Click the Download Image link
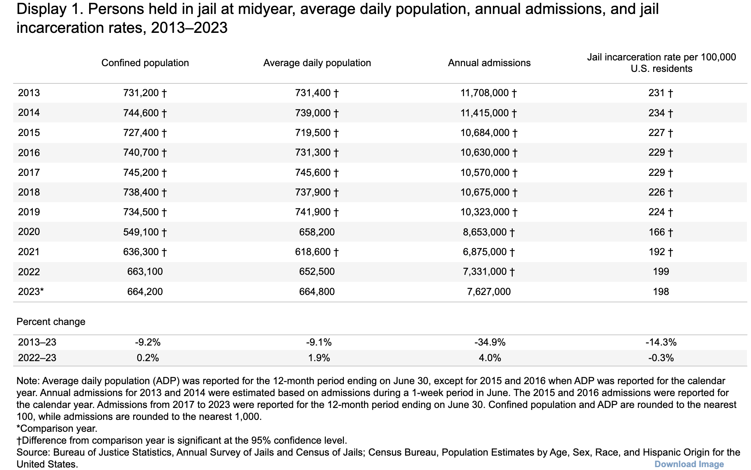pyautogui.click(x=689, y=464)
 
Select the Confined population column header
pyautogui.click(x=145, y=63)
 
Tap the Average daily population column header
pyautogui.click(x=317, y=63)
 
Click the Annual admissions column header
pyautogui.click(x=489, y=63)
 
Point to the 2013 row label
pyautogui.click(x=29, y=93)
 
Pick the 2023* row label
pyautogui.click(x=31, y=292)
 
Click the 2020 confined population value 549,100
pyautogui.click(x=141, y=232)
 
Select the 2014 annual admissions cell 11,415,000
pyautogui.click(x=484, y=113)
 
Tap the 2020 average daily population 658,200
pyautogui.click(x=317, y=232)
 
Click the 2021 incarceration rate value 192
pyautogui.click(x=657, y=252)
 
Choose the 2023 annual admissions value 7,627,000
pyautogui.click(x=489, y=292)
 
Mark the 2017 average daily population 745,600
pyautogui.click(x=313, y=173)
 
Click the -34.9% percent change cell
pyautogui.click(x=490, y=342)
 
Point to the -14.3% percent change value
pyautogui.click(x=661, y=342)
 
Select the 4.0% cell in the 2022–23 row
pyautogui.click(x=490, y=358)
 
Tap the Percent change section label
pyautogui.click(x=51, y=322)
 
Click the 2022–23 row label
pyautogui.click(x=37, y=358)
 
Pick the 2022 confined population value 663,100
pyautogui.click(x=145, y=272)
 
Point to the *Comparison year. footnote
pyautogui.click(x=57, y=429)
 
